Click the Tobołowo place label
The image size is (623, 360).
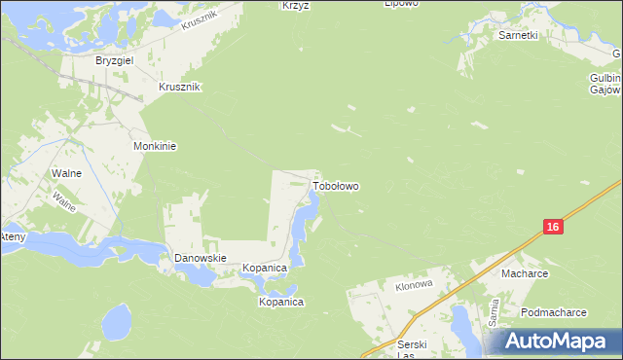pyautogui.click(x=335, y=184)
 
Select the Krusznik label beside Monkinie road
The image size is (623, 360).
pyautogui.click(x=179, y=87)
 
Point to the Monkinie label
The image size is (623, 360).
pyautogui.click(x=154, y=146)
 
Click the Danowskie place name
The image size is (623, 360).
pyautogui.click(x=200, y=258)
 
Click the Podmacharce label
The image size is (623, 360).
pyautogui.click(x=553, y=312)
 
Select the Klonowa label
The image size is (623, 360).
pyautogui.click(x=413, y=287)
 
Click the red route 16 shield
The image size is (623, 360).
pyautogui.click(x=552, y=227)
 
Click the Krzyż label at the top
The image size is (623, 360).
pyautogui.click(x=295, y=5)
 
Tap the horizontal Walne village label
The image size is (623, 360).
pyautogui.click(x=64, y=173)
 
